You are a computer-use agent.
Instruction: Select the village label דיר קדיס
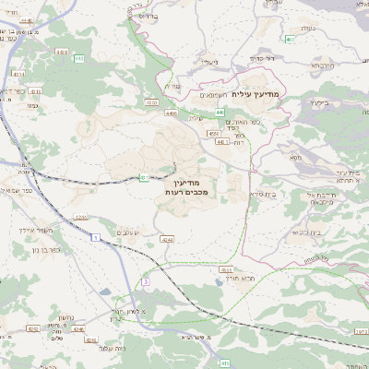(x=261, y=57)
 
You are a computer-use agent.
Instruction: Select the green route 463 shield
(x=291, y=40)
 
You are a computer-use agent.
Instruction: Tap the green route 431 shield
(x=145, y=177)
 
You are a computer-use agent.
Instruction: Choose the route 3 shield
(x=145, y=280)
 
